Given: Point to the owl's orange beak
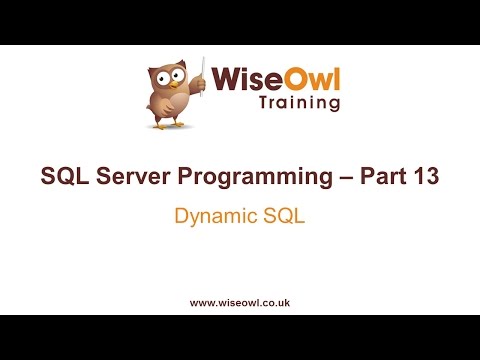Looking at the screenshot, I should coord(169,82).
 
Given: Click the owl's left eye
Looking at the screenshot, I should coord(160,74).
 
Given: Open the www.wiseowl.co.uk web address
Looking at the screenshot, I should coord(239,301).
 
